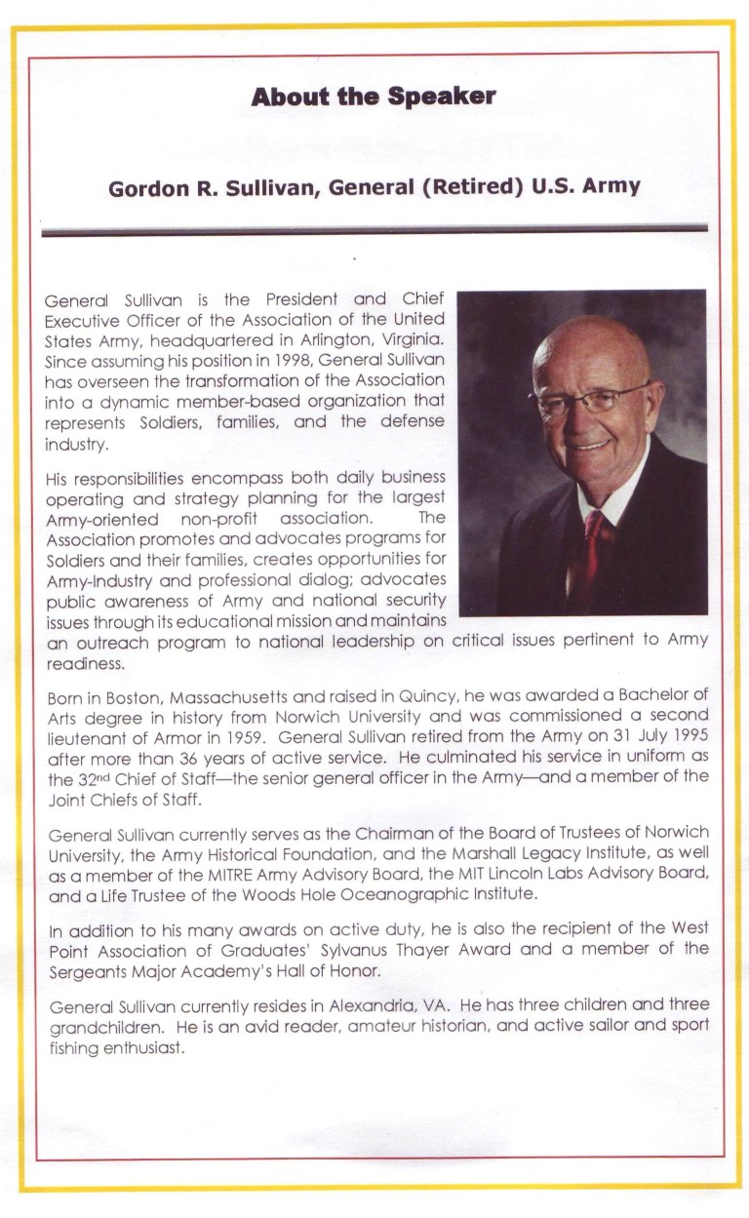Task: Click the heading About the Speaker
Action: (x=374, y=97)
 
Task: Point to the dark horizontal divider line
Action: (x=374, y=230)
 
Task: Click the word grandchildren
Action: (x=94, y=1025)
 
